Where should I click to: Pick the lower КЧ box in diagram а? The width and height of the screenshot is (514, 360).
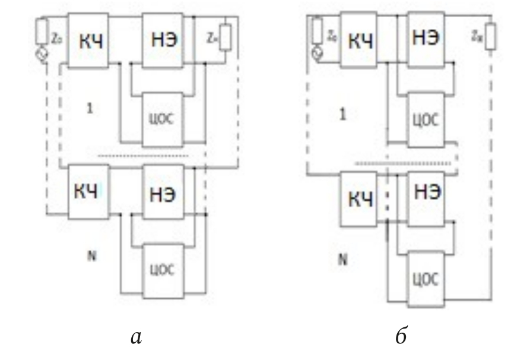(x=88, y=190)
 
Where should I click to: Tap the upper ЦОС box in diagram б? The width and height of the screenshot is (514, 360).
(x=425, y=119)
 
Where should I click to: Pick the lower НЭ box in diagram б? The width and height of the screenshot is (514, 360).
(x=425, y=192)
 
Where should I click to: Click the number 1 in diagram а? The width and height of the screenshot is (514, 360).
(x=88, y=110)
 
